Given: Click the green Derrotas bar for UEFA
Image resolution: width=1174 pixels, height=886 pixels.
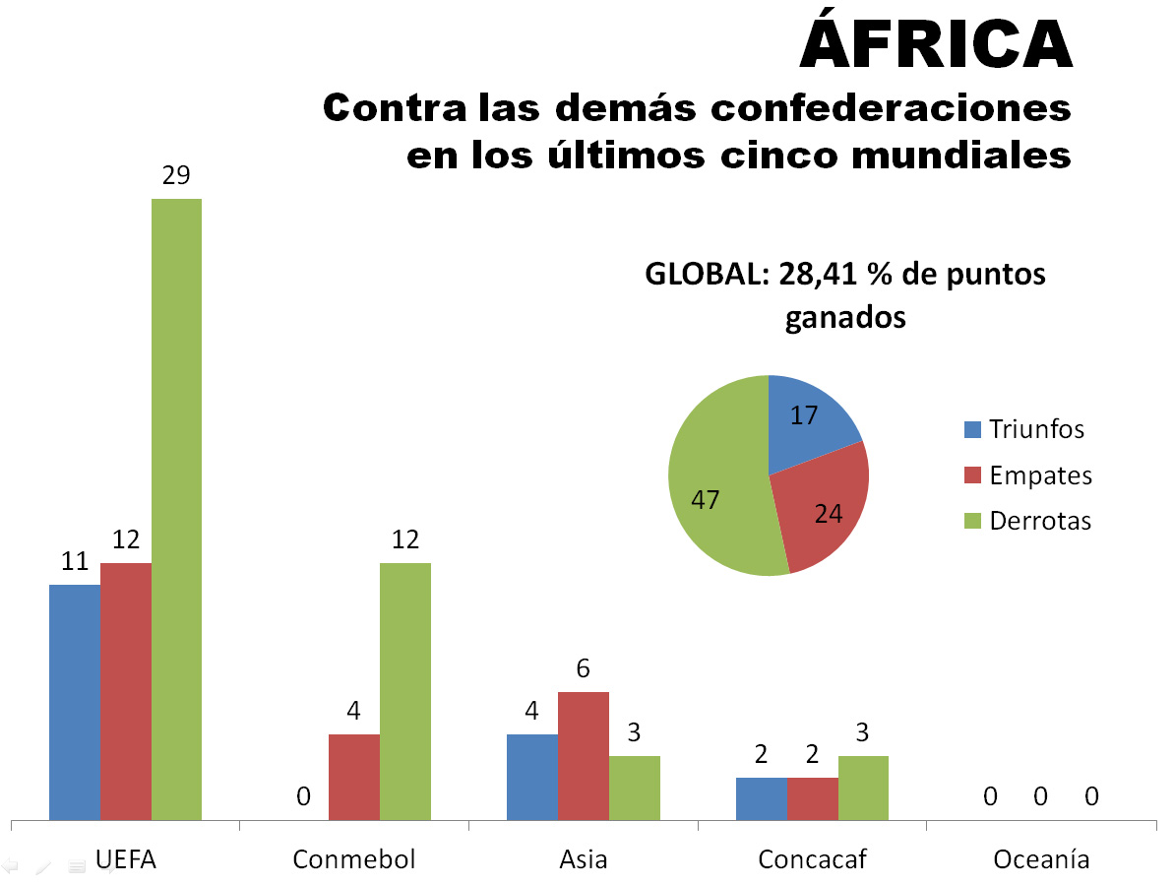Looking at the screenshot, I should [176, 508].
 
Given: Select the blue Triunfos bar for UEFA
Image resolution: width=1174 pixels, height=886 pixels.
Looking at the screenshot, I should [75, 701].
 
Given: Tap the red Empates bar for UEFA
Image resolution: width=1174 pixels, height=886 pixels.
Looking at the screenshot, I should [126, 690].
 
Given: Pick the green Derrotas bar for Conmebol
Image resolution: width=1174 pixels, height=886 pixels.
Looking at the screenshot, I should [404, 690].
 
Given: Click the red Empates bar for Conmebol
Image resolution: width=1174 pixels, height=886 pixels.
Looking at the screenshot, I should [353, 776].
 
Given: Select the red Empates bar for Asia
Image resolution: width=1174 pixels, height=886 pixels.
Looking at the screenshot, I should [584, 755].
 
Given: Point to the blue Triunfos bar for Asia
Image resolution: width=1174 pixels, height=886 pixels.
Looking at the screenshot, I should [532, 776].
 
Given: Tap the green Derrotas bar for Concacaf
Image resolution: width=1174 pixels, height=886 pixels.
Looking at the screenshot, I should [863, 787].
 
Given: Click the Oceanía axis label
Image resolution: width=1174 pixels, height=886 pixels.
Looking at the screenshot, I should [1041, 859].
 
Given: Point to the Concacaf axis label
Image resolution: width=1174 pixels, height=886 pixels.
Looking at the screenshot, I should [812, 859].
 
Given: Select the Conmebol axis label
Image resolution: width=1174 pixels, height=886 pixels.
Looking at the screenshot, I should [354, 859].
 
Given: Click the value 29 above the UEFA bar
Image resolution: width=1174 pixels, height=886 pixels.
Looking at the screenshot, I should [176, 176].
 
